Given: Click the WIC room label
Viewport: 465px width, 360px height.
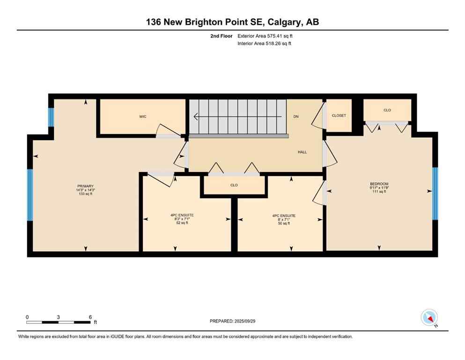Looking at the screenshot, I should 143,117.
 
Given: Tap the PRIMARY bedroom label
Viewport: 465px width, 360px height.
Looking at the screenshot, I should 85,186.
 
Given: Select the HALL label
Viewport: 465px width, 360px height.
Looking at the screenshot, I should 303,152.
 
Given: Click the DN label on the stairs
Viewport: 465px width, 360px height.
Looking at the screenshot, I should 296,116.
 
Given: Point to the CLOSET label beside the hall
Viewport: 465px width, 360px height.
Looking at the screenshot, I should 339,115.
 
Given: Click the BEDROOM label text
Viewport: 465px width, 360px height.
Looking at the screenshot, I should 379,184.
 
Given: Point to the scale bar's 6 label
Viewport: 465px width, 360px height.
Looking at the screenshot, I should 90,317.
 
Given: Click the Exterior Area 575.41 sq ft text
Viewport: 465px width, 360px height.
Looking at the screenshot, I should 266,36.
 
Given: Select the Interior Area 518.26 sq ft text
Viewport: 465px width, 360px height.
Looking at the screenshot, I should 265,44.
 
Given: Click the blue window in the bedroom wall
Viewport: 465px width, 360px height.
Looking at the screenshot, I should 435,194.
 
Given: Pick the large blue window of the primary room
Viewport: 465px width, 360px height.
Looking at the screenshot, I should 30,195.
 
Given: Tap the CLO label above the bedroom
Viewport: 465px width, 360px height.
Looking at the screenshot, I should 387,110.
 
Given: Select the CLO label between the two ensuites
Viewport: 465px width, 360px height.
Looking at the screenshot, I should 234,185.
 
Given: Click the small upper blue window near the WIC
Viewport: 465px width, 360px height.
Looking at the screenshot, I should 51,117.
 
